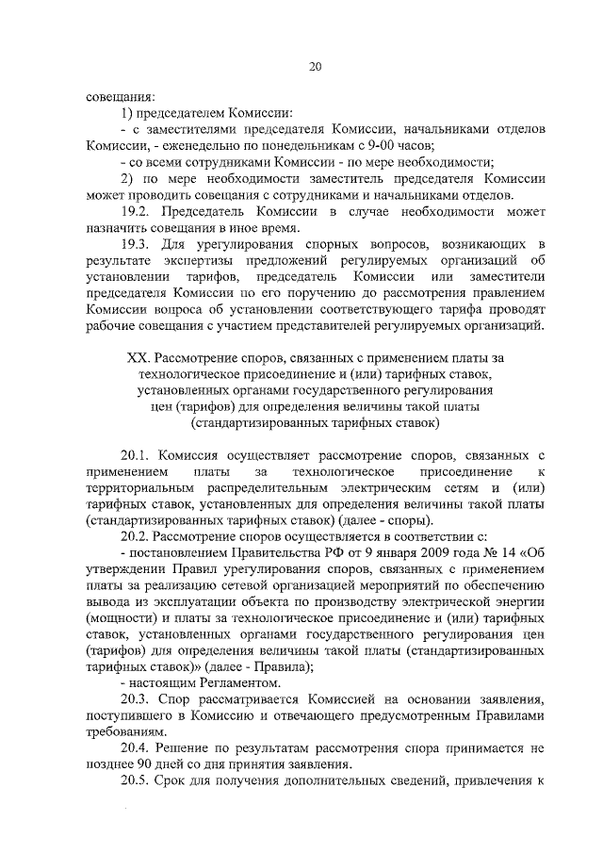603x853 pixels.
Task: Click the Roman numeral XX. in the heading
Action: [x=139, y=358]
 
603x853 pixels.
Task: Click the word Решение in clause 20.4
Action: [x=190, y=748]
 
